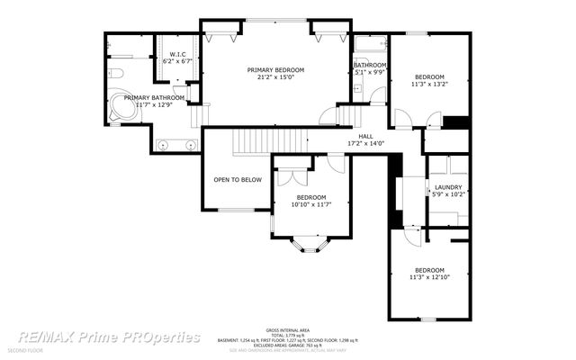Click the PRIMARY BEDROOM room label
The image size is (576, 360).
click(276, 69)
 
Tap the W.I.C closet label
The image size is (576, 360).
click(177, 54)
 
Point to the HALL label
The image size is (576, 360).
click(365, 136)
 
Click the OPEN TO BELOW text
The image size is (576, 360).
click(238, 179)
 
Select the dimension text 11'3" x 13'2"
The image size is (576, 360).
click(430, 85)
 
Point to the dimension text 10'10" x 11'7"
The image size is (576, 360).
click(311, 204)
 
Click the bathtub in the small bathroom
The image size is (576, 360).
click(370, 43)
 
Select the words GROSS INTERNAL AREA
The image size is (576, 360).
click(287, 329)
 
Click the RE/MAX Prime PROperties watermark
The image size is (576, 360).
click(108, 337)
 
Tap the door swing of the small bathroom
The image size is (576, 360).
click(378, 94)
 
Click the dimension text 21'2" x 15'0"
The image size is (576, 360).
click(276, 77)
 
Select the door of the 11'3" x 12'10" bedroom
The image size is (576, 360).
click(411, 235)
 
